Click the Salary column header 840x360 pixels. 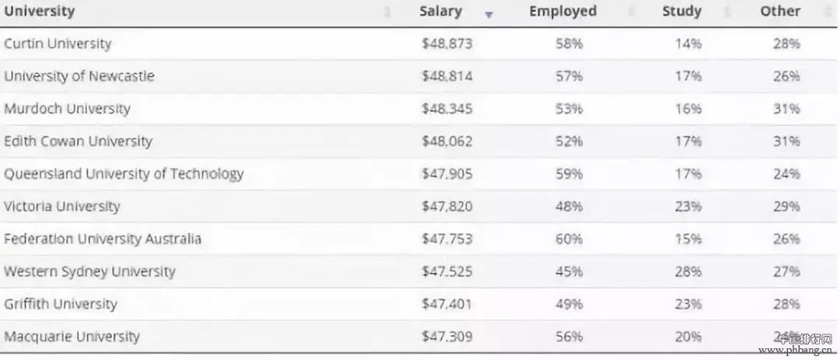(x=440, y=12)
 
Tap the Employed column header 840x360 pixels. (x=562, y=12)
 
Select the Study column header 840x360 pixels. (x=681, y=12)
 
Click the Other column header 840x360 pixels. (x=780, y=12)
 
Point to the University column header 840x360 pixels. (x=40, y=12)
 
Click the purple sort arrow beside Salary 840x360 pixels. (x=488, y=14)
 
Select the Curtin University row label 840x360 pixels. (x=58, y=44)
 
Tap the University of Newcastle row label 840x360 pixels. (x=79, y=76)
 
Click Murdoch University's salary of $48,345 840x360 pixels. (x=446, y=109)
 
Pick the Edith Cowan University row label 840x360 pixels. (x=78, y=142)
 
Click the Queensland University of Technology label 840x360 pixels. (x=124, y=174)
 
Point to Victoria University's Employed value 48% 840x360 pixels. (x=569, y=207)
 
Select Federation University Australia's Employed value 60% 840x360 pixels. (x=569, y=239)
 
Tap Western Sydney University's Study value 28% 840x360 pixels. (x=688, y=272)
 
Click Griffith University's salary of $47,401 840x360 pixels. (x=446, y=304)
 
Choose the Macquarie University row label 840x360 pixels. (x=72, y=337)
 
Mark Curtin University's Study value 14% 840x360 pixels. (x=688, y=44)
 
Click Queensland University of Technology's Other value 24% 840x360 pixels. (x=786, y=174)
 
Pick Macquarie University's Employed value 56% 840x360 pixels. (x=569, y=337)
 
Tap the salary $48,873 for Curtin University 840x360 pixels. (x=446, y=44)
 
